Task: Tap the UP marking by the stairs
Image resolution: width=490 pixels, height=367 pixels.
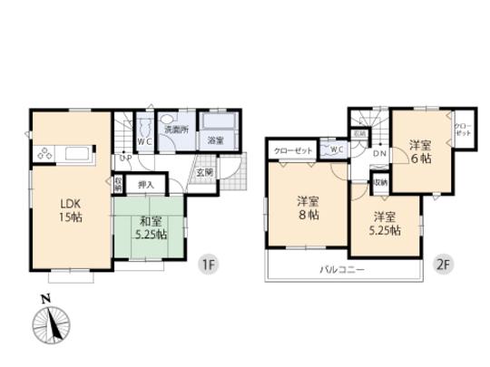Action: point(124,159)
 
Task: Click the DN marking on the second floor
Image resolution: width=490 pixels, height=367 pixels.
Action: point(381,154)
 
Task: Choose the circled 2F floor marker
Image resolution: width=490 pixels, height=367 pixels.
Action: point(443,266)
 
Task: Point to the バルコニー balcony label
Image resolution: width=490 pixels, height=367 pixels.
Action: point(343,270)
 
